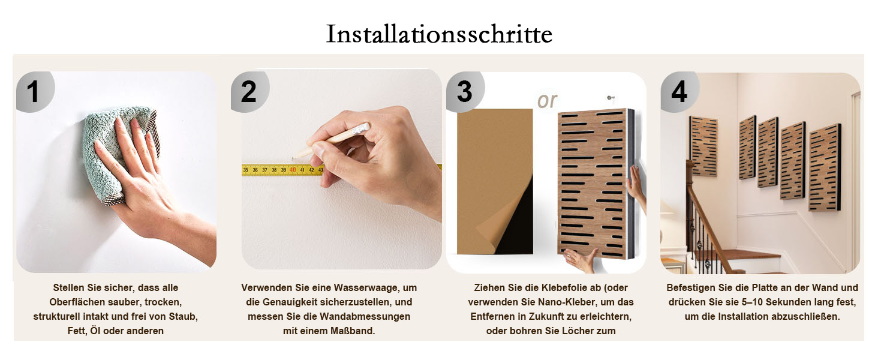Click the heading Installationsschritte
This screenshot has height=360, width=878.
point(439,34)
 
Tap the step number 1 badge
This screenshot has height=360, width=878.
point(35,92)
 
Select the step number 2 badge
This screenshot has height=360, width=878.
point(249,92)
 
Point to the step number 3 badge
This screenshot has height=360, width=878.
point(465,92)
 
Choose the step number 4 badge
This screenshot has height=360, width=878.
point(679,92)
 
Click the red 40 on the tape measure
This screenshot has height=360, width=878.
point(293,170)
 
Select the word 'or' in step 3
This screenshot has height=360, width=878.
point(547,101)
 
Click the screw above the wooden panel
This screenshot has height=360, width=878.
point(610,98)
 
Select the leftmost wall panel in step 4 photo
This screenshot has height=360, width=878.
point(704,146)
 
